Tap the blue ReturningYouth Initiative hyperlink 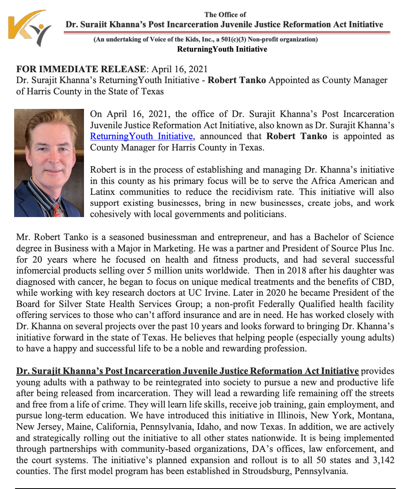(x=141, y=136)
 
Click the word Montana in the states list (x=378, y=415)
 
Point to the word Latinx (x=103, y=191)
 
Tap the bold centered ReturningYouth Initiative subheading (x=222, y=49)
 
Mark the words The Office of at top (x=225, y=15)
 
